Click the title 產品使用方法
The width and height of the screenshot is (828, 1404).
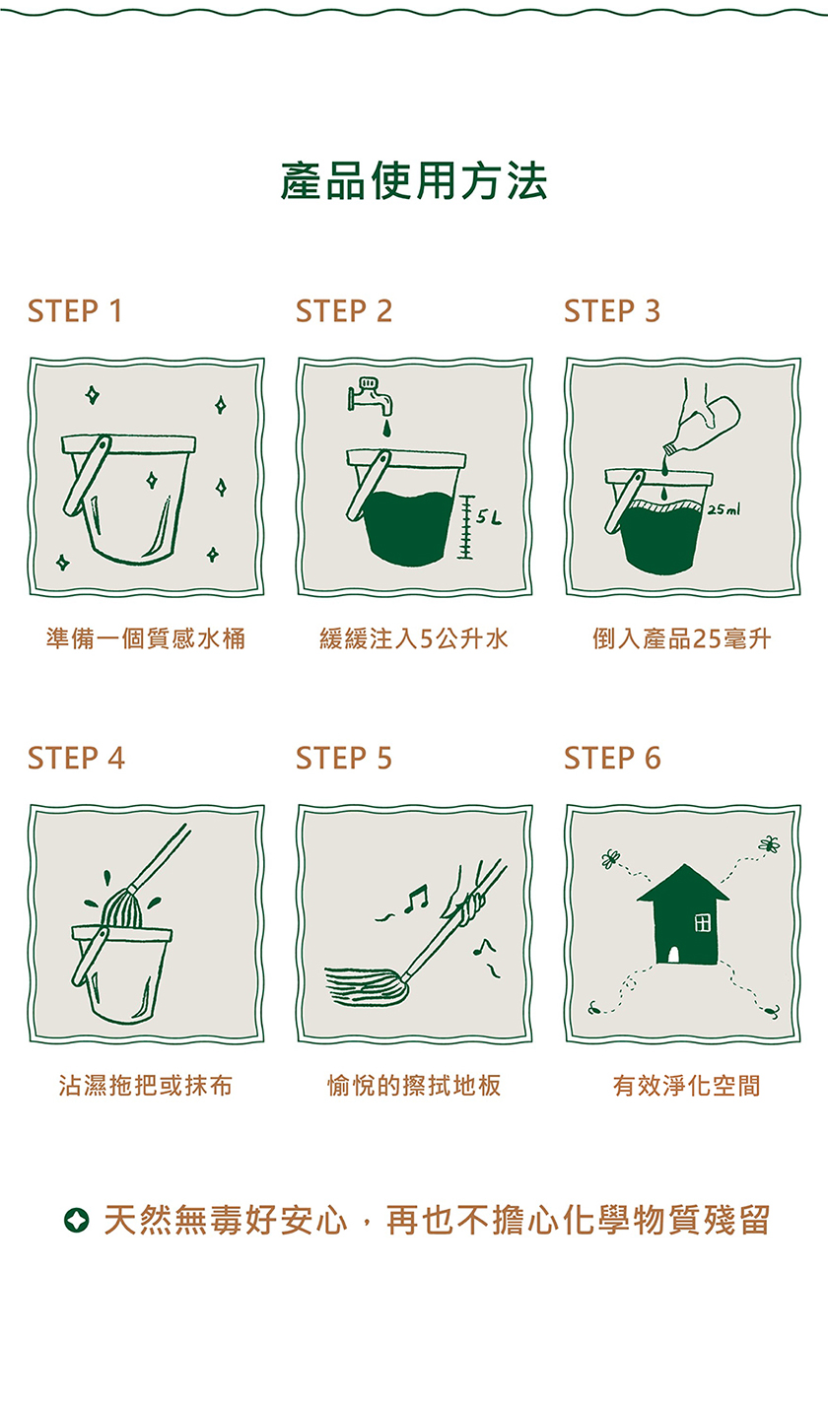point(414,181)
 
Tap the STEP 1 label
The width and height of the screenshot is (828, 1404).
point(75,311)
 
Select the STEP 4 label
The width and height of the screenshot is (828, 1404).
point(76,758)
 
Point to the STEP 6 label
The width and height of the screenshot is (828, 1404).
point(612,758)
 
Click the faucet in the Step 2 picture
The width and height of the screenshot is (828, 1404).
point(370,396)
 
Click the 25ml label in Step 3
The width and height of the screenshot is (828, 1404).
point(724,510)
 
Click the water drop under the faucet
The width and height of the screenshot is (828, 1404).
point(386,429)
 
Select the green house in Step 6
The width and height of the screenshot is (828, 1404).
point(684,915)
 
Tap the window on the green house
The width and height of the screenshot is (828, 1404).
point(703,922)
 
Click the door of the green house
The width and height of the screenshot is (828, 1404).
point(673,955)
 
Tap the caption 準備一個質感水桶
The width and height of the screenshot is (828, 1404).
point(146,638)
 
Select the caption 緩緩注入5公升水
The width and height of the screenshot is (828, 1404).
point(414,638)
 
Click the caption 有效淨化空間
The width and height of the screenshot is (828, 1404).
point(687,1086)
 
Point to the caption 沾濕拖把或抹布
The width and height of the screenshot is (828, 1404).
point(146,1086)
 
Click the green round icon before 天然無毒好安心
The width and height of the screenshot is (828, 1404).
point(77,1220)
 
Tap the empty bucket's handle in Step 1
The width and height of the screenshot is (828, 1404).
point(87,475)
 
